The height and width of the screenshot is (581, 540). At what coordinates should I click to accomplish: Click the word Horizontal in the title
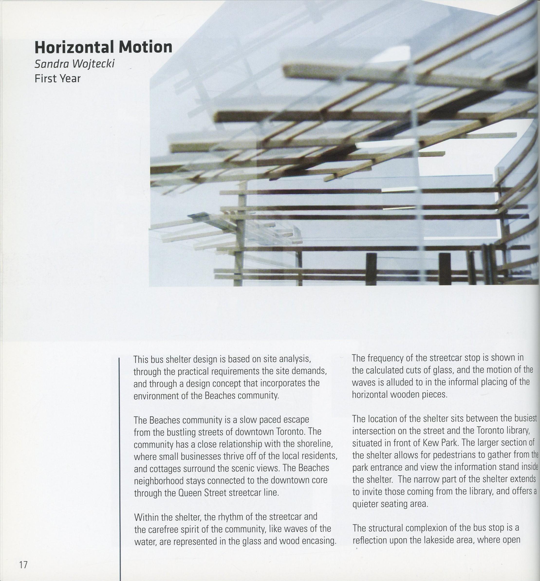(74, 47)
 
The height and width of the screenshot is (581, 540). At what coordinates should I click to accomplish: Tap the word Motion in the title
(145, 47)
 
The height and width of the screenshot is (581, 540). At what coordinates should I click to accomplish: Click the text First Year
(57, 79)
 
